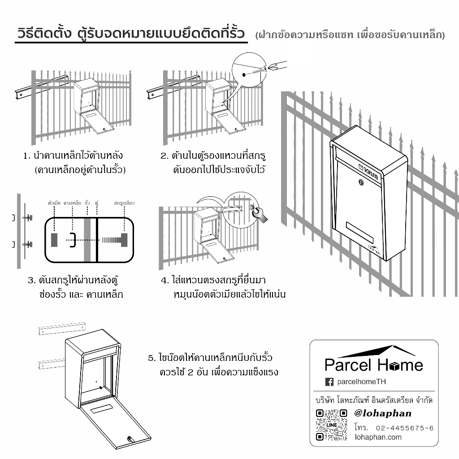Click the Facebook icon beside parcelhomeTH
[329, 382]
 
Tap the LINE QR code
[332, 425]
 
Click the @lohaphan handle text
[383, 413]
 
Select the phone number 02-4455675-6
[405, 428]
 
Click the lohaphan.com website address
[378, 437]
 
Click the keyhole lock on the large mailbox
[361, 182]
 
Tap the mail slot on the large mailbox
[360, 233]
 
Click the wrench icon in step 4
[260, 215]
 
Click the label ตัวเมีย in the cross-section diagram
[54, 203]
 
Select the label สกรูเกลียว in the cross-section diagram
[124, 203]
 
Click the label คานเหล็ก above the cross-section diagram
[72, 203]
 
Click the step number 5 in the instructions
[152, 358]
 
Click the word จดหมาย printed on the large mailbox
[371, 172]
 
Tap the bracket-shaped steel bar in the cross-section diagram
[73, 240]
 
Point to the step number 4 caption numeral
[165, 281]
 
